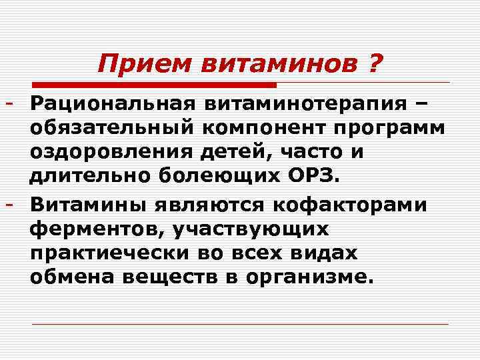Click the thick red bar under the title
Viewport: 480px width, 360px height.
[154, 85]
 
